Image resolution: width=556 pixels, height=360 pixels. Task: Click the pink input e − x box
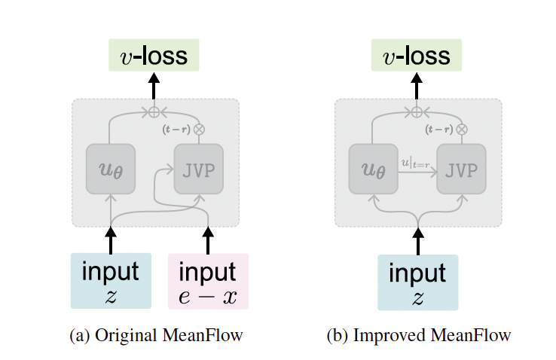point(208,281)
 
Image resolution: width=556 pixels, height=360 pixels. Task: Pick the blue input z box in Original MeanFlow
point(111,281)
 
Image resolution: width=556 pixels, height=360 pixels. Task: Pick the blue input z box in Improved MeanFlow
point(417,281)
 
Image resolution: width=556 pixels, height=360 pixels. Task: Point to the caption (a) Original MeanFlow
point(155,336)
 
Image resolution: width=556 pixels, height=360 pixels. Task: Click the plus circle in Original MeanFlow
point(154,111)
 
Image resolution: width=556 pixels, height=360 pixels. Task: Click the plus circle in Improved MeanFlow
point(417,111)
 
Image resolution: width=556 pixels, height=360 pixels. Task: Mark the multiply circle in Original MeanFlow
point(200,129)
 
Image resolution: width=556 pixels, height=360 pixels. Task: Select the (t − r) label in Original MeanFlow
point(177,129)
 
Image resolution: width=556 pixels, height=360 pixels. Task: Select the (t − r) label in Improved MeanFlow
point(439,129)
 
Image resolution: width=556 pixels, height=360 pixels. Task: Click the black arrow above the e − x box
point(208,239)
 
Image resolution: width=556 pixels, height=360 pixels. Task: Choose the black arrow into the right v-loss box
point(417,87)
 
